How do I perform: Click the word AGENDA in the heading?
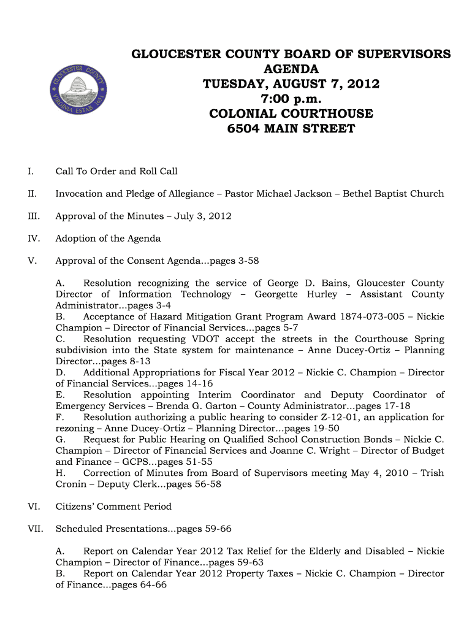tap(291, 69)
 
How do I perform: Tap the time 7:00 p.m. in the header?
tap(291, 99)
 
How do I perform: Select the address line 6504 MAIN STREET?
tap(291, 129)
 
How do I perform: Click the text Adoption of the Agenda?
tap(108, 239)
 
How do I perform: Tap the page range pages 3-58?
tap(234, 261)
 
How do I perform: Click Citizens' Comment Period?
tap(113, 507)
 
